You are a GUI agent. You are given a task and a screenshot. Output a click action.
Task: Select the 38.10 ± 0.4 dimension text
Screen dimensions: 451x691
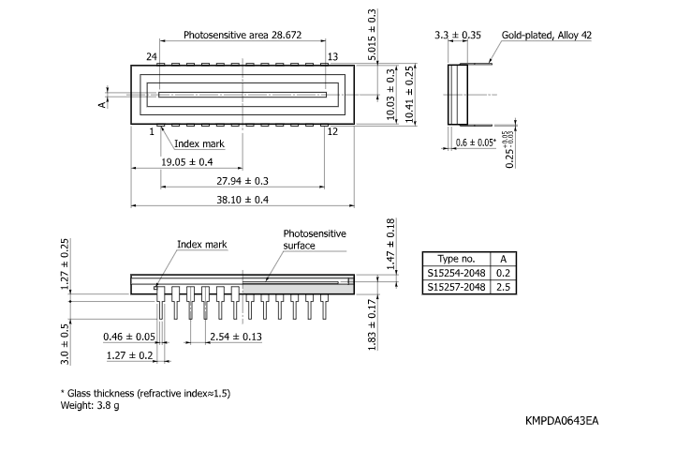[242, 200]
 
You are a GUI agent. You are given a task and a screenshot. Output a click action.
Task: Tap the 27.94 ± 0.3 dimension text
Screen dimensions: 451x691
[242, 180]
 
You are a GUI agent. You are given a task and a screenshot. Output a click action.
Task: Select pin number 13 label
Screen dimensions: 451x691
[332, 57]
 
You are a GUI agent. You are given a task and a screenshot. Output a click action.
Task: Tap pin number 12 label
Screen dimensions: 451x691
[332, 131]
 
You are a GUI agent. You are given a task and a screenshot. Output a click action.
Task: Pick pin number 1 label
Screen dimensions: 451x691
[151, 131]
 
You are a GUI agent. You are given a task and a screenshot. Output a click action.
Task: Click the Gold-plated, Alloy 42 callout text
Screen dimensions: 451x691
[547, 35]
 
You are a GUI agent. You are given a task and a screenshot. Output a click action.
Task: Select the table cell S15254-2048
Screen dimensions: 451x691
[456, 273]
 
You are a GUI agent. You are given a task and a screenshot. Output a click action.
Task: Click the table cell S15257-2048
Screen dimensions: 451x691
[456, 287]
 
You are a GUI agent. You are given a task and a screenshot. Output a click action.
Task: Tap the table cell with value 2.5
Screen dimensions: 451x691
[503, 287]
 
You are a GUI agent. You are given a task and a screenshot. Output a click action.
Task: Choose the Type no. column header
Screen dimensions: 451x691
[456, 259]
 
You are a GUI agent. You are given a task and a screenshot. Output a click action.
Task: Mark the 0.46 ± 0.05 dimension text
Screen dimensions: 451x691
[129, 336]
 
